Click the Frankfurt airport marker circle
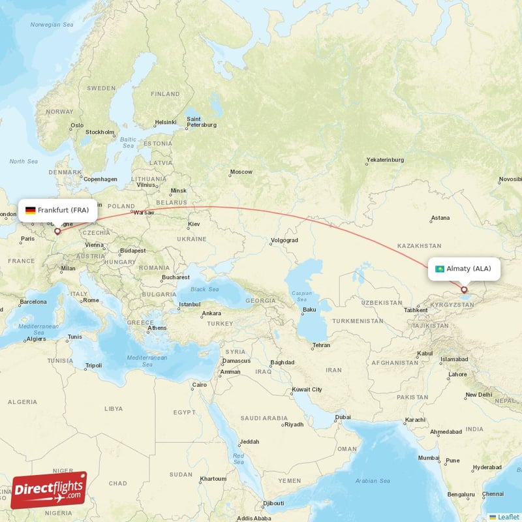click(x=57, y=230)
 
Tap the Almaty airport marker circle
click(x=464, y=290)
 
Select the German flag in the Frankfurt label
click(x=30, y=210)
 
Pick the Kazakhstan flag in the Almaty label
click(x=440, y=269)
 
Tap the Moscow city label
click(x=241, y=172)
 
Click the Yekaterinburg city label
click(x=385, y=159)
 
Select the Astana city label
click(x=440, y=218)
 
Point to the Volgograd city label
click(x=284, y=240)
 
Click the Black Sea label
click(x=204, y=289)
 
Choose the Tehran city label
click(x=321, y=345)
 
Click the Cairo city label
click(x=199, y=385)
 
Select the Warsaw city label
click(x=144, y=212)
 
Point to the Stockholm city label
click(x=100, y=132)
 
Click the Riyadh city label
click(x=294, y=424)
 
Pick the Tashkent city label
click(x=416, y=309)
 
